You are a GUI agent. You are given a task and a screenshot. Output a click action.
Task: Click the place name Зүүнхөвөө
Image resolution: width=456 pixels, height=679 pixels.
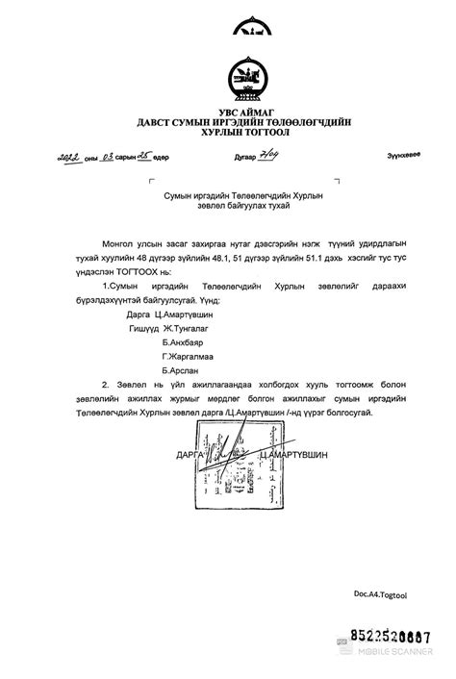pos(403,156)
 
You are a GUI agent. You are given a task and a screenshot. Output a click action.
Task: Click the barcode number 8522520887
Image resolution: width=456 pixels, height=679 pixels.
pos(390,636)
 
